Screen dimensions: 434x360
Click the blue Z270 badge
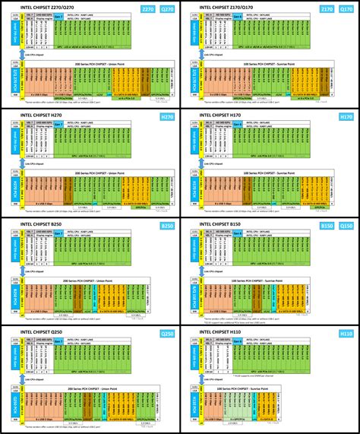[147, 9]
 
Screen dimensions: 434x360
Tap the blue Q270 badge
[166, 9]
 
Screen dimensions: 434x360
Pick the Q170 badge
[346, 9]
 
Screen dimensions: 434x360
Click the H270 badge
[166, 117]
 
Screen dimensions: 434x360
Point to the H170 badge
[346, 117]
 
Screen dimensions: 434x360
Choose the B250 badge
[166, 226]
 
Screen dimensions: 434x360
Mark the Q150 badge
[346, 226]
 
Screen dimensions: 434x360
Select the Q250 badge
[166, 334]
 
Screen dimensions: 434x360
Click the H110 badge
[346, 334]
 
